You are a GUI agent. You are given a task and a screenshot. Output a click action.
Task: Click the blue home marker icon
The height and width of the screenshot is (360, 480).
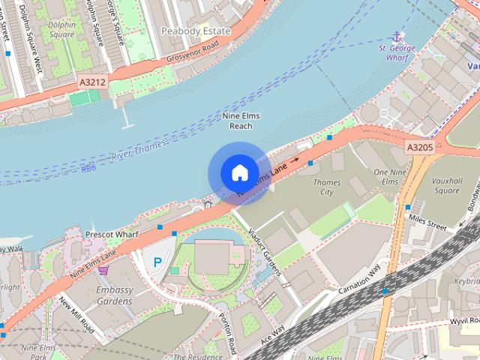click(238, 173)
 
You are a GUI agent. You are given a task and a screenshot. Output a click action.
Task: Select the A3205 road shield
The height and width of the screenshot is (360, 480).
click(420, 147)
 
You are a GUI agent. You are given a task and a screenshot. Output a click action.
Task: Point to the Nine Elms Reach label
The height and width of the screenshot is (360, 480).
click(241, 121)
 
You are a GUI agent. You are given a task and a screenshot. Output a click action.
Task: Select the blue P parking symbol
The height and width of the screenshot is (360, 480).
click(157, 262)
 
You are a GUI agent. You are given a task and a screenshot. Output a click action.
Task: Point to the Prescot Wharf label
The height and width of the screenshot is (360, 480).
click(112, 234)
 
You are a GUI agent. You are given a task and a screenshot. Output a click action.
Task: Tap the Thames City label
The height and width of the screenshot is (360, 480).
click(326, 187)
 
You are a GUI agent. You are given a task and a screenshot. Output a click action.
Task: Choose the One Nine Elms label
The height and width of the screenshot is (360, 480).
click(385, 177)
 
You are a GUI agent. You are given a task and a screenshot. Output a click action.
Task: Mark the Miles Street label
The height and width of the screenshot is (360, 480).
click(427, 220)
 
